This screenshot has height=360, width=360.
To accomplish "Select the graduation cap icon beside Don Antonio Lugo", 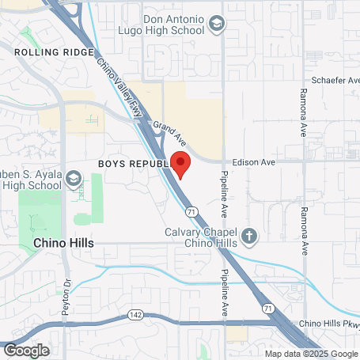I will coord(216,28).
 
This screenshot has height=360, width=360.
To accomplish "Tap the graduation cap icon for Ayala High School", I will coord(74,180).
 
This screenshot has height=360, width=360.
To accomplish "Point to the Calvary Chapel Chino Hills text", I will coord(200,237).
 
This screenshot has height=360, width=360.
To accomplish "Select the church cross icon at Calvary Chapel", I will coord(249,236).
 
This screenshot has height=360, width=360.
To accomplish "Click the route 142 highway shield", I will coord(135,316).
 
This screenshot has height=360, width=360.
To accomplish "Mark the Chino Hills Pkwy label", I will coord(328,324).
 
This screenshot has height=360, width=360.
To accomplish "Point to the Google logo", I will coord(26,349).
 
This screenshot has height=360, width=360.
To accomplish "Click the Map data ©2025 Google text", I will coord(310,353).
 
